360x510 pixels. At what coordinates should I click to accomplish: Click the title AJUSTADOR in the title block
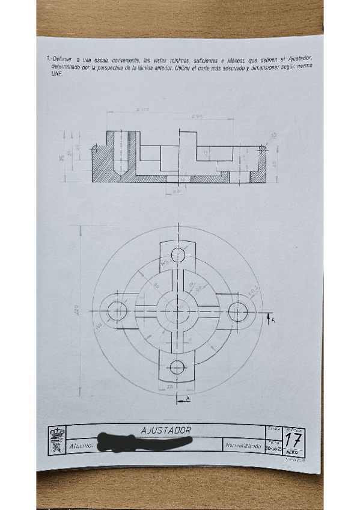[x=166, y=431]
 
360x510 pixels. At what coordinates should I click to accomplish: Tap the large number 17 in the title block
[x=293, y=440]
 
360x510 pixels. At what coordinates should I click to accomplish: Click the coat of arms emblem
[x=57, y=440]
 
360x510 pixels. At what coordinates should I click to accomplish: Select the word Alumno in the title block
[x=80, y=446]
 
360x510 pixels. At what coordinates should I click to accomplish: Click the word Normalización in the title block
[x=243, y=446]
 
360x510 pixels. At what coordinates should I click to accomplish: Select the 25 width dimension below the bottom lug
[x=170, y=386]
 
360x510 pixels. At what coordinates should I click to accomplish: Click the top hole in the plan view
[x=178, y=255]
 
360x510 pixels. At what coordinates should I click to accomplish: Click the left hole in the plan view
[x=118, y=311]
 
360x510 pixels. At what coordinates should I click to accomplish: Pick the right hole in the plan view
[x=239, y=311]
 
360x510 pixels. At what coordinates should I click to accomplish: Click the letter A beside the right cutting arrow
[x=273, y=322]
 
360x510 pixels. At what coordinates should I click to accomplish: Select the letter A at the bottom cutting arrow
[x=188, y=399]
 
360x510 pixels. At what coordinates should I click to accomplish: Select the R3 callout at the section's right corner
[x=275, y=136]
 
